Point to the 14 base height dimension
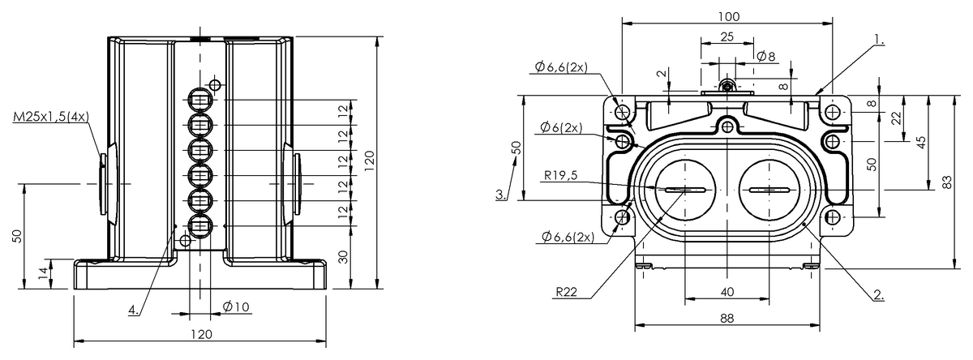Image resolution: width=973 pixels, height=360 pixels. coord(42,274)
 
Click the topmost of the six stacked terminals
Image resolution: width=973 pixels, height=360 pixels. coord(200,101)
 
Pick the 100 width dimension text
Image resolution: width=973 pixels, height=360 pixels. coord(727,15)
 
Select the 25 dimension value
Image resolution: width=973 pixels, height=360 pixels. coord(727,37)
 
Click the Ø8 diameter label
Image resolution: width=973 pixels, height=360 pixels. coord(765,56)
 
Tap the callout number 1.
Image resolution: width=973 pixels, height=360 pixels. coord(880,39)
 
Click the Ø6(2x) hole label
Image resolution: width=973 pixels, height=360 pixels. coord(559,128)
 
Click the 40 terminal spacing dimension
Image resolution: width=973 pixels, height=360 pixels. coord(727,291)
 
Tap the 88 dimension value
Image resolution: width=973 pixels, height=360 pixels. coord(727,319)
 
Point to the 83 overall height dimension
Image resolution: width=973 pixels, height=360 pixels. coord(948,182)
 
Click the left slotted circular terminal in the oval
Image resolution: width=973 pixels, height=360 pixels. coord(686,190)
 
